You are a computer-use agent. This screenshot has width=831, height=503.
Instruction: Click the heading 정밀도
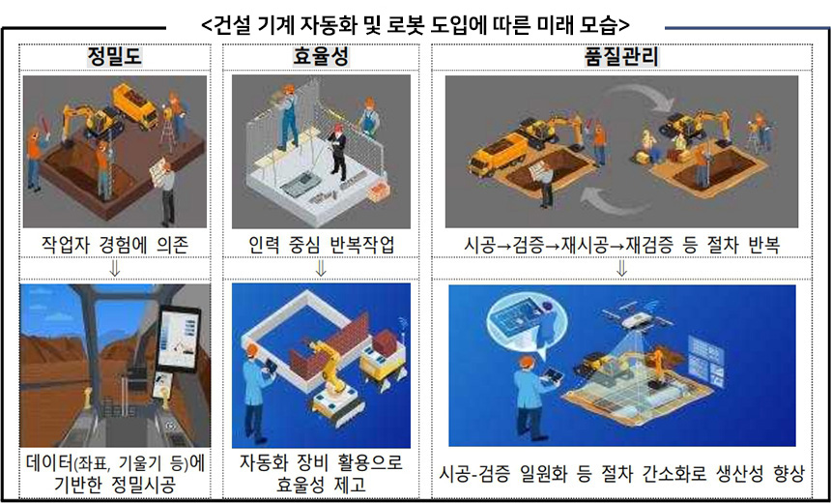tap(115, 57)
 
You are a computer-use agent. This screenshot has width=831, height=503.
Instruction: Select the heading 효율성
tap(321, 57)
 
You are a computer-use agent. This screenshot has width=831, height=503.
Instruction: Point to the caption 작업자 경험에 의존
tap(115, 244)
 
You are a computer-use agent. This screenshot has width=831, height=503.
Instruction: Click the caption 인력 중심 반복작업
tap(321, 244)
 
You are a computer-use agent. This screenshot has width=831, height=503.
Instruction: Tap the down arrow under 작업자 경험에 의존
tap(114, 269)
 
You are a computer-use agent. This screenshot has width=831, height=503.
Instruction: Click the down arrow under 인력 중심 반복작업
tap(321, 269)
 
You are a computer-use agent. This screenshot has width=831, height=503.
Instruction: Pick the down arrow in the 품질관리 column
tap(621, 269)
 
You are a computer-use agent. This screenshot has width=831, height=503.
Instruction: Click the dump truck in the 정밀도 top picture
tap(135, 105)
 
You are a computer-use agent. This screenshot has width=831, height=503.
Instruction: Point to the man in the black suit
tap(337, 152)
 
